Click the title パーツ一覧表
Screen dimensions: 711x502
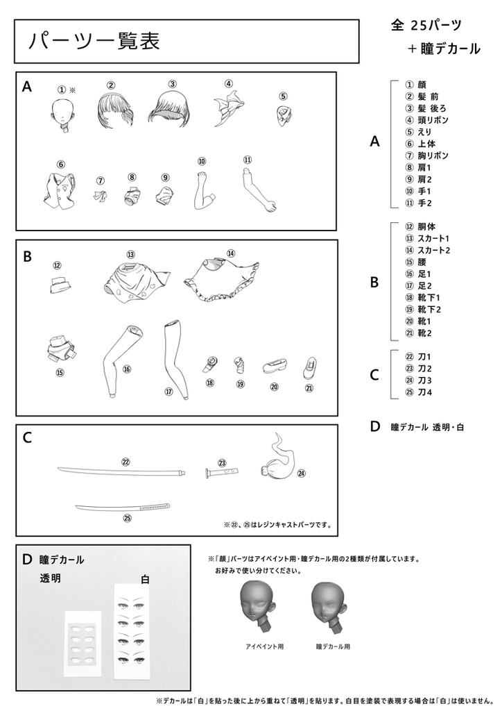(x=94, y=41)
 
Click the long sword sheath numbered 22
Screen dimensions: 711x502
(x=122, y=471)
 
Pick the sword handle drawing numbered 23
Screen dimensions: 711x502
(x=222, y=472)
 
